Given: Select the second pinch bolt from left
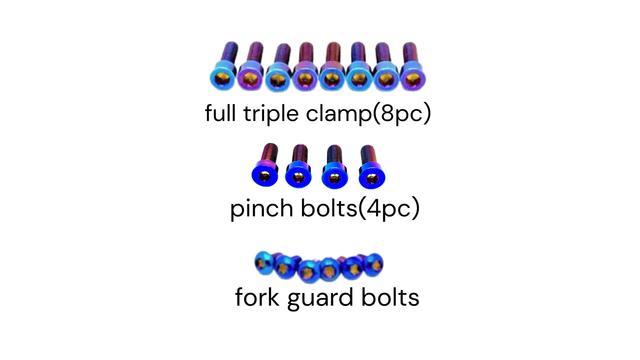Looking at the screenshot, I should click(299, 168).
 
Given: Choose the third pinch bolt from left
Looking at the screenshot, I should click(335, 168).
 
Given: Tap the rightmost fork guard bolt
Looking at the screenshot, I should click(375, 265).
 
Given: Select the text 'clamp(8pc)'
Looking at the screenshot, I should click(368, 114).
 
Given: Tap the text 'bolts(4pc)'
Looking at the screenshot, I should click(360, 208).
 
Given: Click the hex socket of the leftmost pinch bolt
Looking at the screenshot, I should click(265, 176).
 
